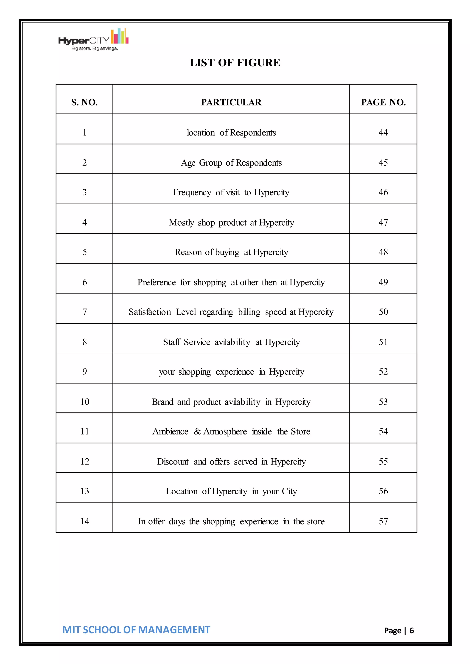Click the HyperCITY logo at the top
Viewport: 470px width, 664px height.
tap(93, 40)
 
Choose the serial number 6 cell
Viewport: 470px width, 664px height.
tap(84, 282)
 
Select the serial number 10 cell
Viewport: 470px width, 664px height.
tap(84, 402)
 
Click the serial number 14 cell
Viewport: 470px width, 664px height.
tap(84, 521)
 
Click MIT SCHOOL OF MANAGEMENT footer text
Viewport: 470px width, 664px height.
tap(136, 630)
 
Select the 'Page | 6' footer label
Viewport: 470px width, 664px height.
tap(399, 631)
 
